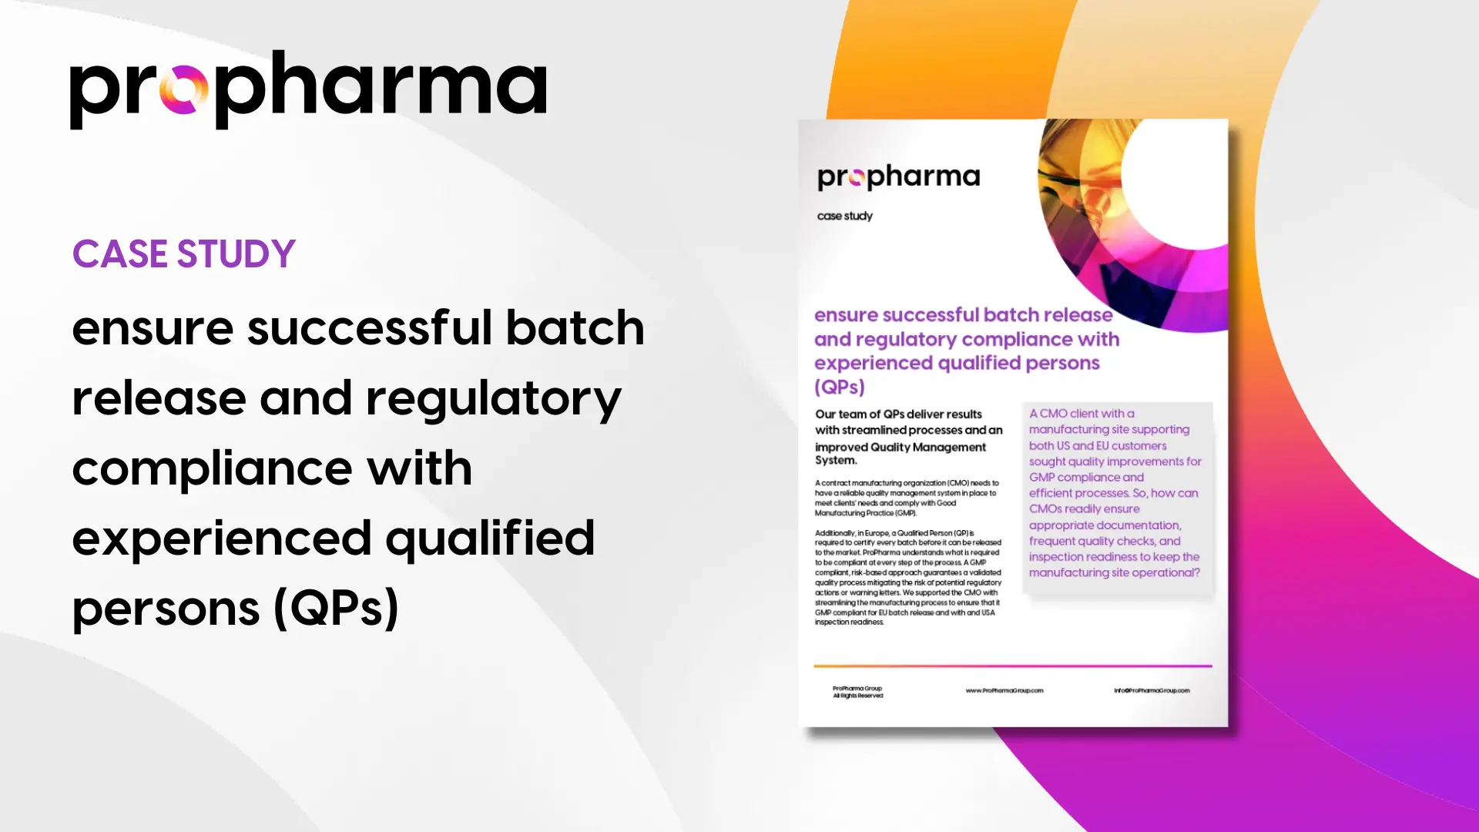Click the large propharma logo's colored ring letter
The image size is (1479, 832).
click(x=184, y=89)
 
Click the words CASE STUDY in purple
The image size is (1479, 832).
click(x=184, y=254)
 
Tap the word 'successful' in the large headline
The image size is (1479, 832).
click(x=369, y=327)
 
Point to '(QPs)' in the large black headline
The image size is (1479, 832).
click(x=336, y=609)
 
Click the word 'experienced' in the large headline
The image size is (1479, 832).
click(x=222, y=538)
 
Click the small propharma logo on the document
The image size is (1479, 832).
click(x=898, y=177)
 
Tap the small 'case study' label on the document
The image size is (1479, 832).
click(x=845, y=216)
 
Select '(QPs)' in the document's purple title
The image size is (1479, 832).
click(x=840, y=387)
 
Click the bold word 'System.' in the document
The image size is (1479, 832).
click(x=836, y=461)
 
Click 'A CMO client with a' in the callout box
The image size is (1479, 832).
click(x=1082, y=414)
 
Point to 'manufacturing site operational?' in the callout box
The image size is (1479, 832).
click(x=1114, y=572)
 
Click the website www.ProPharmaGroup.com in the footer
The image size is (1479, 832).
click(x=1004, y=691)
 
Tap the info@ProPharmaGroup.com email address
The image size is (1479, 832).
click(x=1152, y=691)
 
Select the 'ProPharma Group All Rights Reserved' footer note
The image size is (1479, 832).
click(x=857, y=692)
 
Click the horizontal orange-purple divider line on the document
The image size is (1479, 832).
click(x=1013, y=666)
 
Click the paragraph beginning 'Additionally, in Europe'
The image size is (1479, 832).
click(x=908, y=578)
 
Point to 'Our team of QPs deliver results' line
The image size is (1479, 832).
click(x=898, y=414)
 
